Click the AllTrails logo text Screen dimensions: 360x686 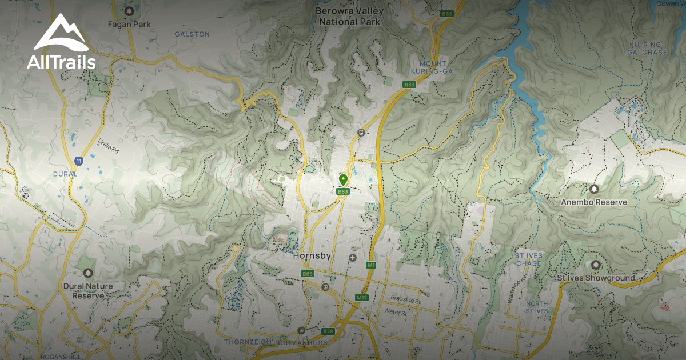(x=61, y=62)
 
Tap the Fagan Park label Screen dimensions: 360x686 (x=129, y=25)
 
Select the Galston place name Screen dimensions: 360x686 (x=192, y=34)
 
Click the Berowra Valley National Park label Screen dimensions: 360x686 (x=349, y=16)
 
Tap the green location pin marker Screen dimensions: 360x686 (x=343, y=180)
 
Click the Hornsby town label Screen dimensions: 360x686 (x=312, y=256)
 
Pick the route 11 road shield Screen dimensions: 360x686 (x=78, y=161)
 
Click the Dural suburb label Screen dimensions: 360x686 (x=65, y=174)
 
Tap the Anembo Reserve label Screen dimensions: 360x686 (x=594, y=202)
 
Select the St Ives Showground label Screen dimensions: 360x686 (x=596, y=278)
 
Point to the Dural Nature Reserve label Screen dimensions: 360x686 (x=88, y=290)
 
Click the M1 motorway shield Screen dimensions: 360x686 (x=371, y=265)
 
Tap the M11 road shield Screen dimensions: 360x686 (x=361, y=298)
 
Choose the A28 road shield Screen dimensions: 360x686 (x=328, y=331)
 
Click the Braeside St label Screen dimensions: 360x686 (x=406, y=299)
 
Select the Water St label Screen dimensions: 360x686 (x=395, y=313)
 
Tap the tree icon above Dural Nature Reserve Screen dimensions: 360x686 (x=87, y=274)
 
